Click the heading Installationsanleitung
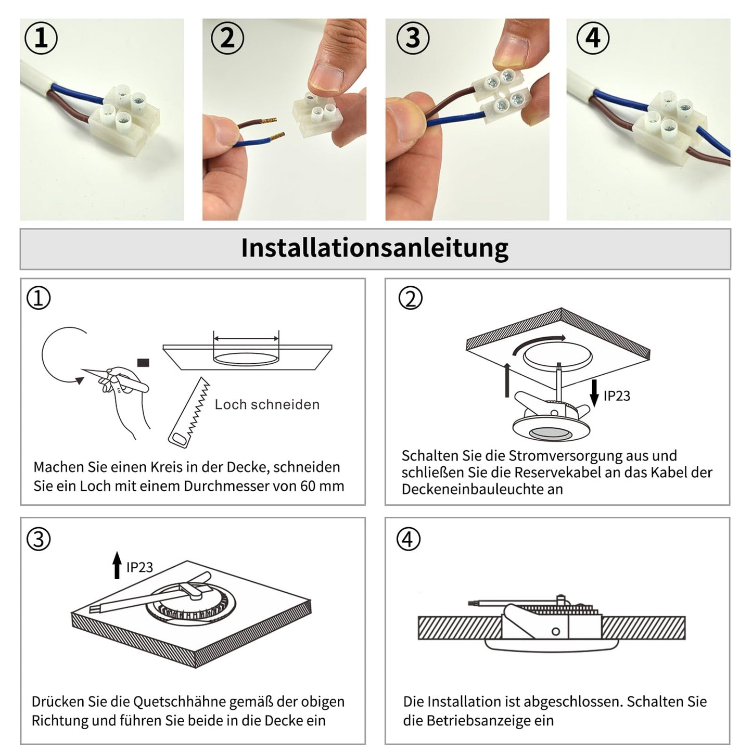375,248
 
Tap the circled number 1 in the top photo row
41,38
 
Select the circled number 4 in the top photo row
593,38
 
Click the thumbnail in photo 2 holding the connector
326,78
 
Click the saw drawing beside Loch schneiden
189,412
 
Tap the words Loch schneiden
267,405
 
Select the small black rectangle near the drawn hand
143,363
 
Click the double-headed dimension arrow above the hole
246,339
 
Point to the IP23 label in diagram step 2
617,396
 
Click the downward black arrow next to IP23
594,393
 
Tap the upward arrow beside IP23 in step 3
117,565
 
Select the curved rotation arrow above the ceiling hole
539,343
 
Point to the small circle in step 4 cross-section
556,631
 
